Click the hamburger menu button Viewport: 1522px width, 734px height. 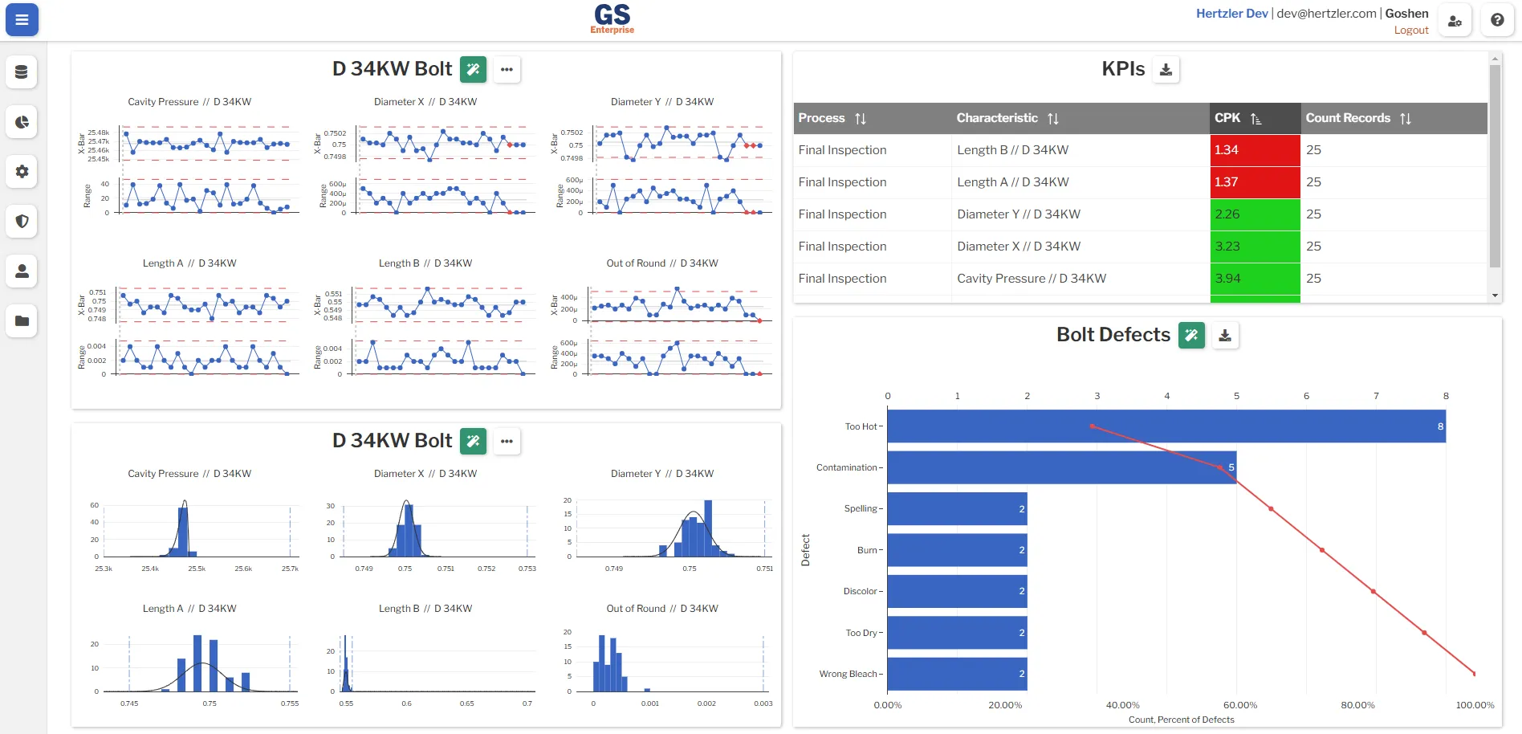(x=22, y=20)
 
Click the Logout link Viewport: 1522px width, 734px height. (x=1410, y=31)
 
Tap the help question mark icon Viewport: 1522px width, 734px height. (x=1497, y=20)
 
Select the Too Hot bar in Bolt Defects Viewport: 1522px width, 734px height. (x=1166, y=426)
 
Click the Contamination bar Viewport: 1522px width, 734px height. (x=1061, y=467)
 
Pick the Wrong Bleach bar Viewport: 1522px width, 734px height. (x=957, y=674)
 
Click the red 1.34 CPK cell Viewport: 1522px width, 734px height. (x=1255, y=150)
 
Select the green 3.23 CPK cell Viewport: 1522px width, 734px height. (x=1255, y=247)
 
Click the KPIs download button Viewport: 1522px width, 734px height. (x=1166, y=70)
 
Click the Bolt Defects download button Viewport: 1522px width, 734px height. (x=1225, y=336)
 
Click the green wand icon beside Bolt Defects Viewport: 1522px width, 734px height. (x=1191, y=336)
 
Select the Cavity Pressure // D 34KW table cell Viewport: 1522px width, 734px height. (x=1031, y=279)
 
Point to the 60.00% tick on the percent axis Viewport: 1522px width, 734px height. (x=1240, y=705)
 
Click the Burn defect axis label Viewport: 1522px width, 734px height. (x=867, y=550)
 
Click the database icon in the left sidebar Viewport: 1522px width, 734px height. (x=22, y=72)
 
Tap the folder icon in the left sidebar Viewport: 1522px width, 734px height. (x=22, y=321)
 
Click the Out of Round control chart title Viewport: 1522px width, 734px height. (x=662, y=263)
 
